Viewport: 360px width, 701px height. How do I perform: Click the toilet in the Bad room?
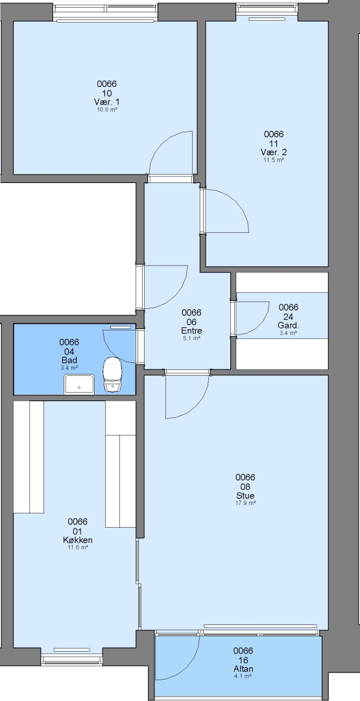(113, 375)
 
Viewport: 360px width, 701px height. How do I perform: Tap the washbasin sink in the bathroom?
(79, 384)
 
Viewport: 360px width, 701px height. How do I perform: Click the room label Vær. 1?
(107, 103)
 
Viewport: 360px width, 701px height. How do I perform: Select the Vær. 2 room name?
(274, 153)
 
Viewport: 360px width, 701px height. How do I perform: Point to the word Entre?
(191, 331)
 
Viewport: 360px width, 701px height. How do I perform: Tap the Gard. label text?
(288, 325)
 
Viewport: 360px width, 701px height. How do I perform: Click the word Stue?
(245, 496)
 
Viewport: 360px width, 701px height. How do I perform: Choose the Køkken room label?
(78, 540)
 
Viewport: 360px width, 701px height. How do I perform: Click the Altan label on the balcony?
(243, 669)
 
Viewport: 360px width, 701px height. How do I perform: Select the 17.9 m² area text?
(245, 503)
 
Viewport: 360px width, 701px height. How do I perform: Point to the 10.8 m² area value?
(107, 110)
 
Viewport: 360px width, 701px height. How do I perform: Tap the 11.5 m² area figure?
(274, 160)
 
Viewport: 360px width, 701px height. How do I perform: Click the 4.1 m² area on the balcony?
(243, 676)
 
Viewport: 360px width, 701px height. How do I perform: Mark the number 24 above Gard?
(288, 317)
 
